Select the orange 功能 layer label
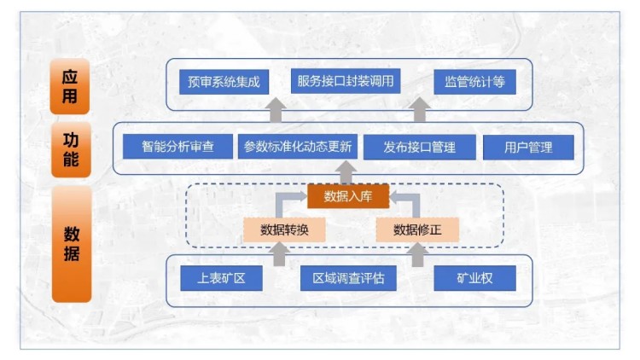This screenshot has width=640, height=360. coord(70,147)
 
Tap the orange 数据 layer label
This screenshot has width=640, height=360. coord(71,243)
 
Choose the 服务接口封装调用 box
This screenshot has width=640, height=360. coord(346,82)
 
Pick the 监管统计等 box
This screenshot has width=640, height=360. coord(474,83)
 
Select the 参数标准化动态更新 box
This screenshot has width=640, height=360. coord(297,147)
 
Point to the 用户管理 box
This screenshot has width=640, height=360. coord(528,147)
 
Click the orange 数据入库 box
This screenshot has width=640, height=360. coord(347,197)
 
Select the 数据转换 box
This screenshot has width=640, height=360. coord(284,229)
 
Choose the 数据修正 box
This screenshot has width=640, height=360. coord(417,229)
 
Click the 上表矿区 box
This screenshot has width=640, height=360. coord(221,278)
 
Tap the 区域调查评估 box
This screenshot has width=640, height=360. coord(348,278)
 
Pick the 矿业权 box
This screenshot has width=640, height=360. coord(475,278)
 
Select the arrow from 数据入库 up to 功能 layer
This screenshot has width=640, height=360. coord(346,173)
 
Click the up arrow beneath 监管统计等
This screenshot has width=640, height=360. coord(420,110)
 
